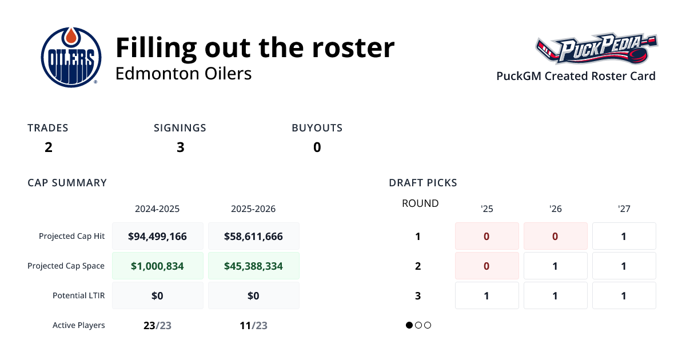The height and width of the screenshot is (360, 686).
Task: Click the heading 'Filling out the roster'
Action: coord(255,47)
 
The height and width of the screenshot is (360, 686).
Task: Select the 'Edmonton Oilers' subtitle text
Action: coord(184,74)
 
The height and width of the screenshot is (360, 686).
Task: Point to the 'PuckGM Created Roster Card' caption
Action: coord(576,76)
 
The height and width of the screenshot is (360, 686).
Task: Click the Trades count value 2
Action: coord(49,147)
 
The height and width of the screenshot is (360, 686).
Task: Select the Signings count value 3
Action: coord(180,147)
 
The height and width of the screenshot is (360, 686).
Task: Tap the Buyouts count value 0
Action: coord(317,147)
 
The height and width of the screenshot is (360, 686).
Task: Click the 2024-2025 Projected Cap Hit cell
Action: coord(157,236)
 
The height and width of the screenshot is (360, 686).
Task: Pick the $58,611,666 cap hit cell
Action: coord(253,236)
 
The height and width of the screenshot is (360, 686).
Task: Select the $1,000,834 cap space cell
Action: coord(157,266)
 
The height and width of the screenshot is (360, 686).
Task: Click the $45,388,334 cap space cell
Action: coord(253,266)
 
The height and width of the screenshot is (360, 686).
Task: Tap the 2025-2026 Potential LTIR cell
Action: coord(253,295)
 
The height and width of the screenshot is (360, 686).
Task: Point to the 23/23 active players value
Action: coord(157,326)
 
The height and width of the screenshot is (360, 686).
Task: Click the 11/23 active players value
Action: coord(253,326)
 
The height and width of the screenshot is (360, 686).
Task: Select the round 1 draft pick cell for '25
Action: coord(486,236)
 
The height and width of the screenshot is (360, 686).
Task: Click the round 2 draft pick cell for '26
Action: coord(555,266)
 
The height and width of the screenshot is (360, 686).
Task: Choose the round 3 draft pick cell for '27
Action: coord(624,295)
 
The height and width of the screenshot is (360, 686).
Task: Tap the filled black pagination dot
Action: coord(409,325)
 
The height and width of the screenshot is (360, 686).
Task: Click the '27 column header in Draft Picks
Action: coord(624,209)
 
